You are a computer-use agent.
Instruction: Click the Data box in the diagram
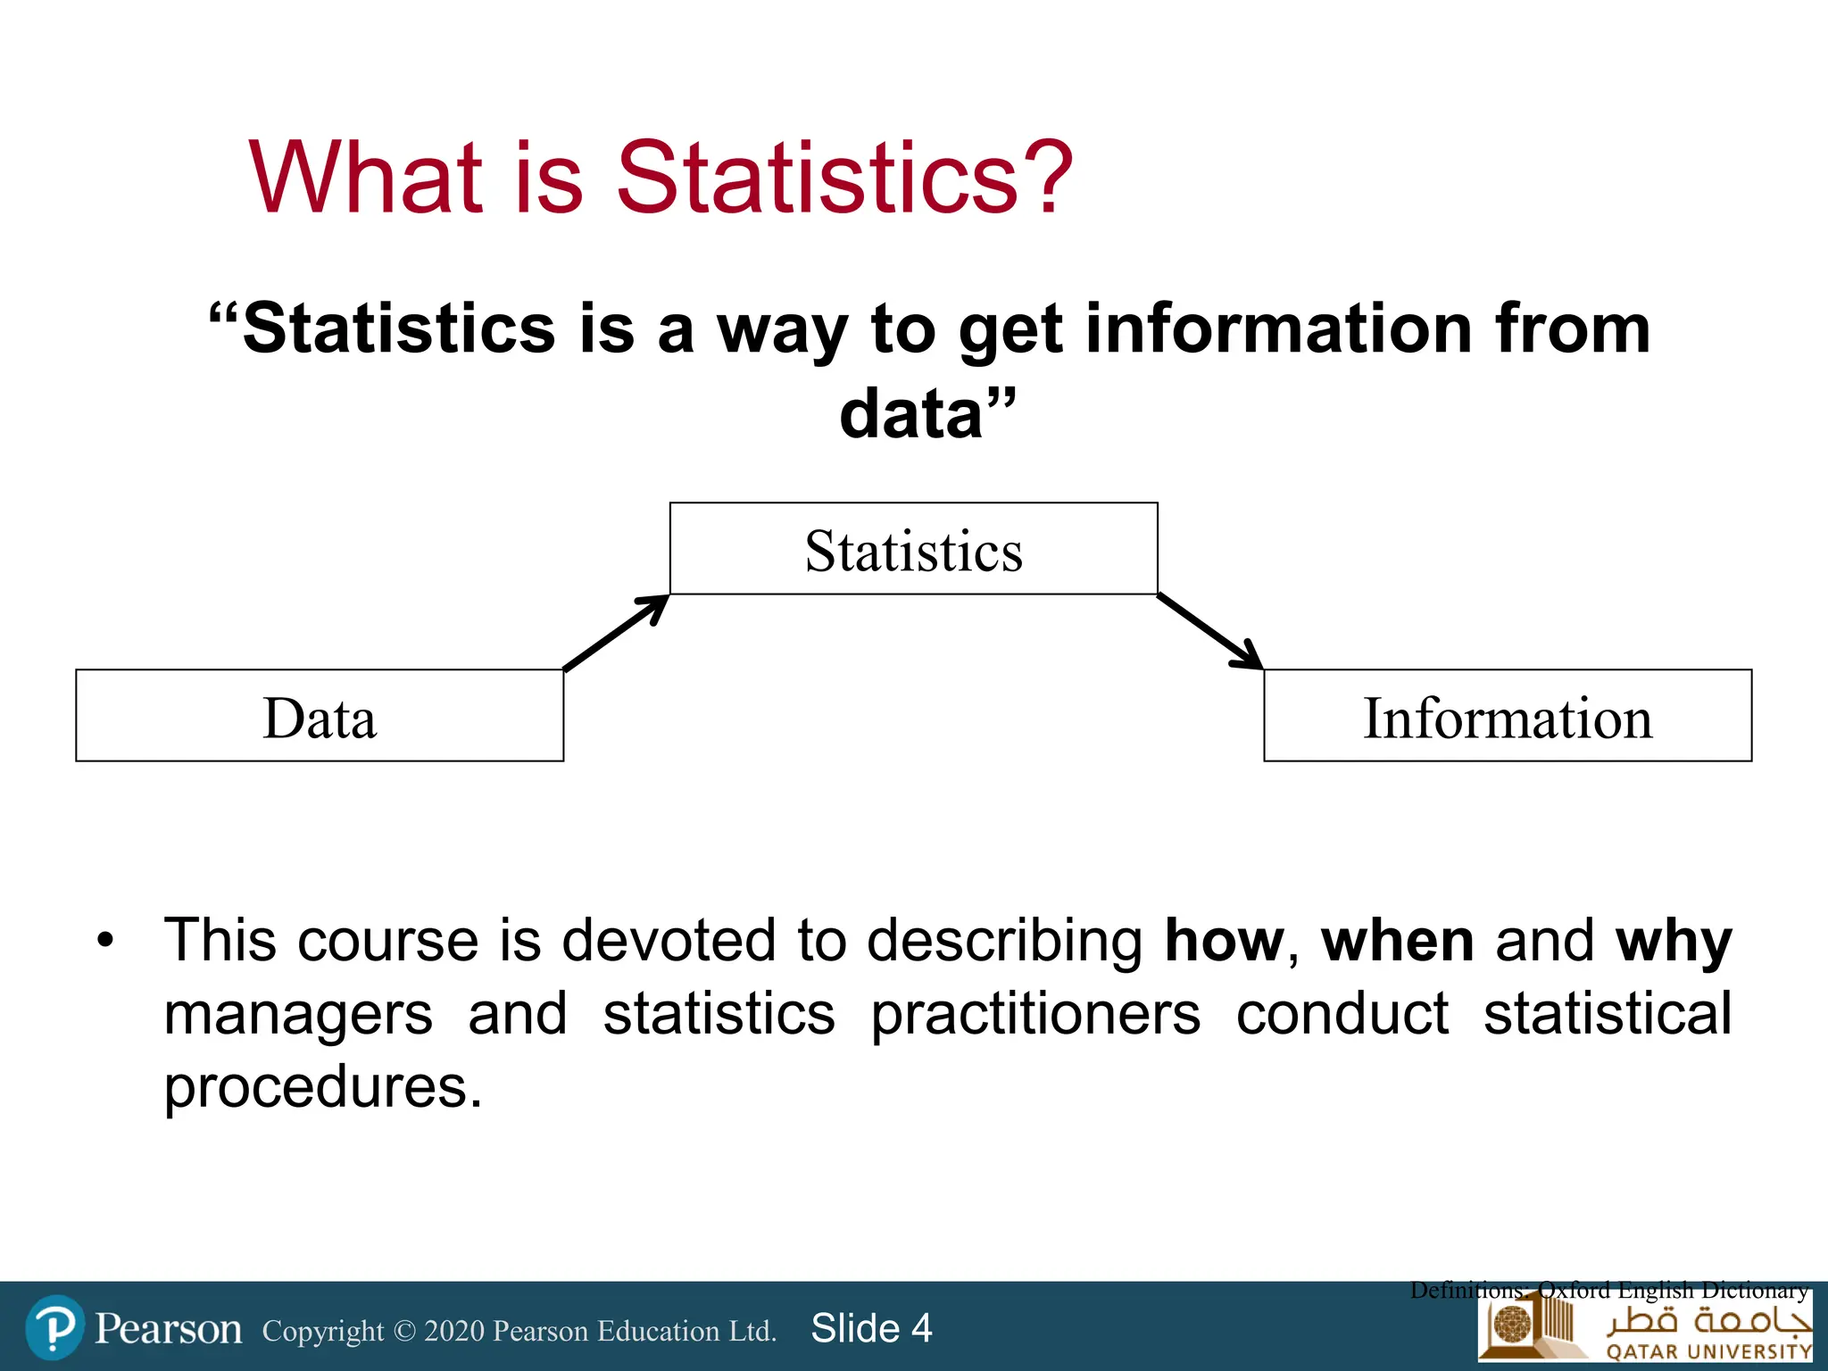(320, 716)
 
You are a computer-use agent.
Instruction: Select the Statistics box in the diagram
(913, 549)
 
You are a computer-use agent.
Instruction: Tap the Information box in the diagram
(1507, 716)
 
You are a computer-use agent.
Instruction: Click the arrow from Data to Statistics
(616, 632)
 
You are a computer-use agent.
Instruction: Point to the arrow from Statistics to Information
(1210, 632)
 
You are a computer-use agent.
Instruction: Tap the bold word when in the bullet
(1398, 941)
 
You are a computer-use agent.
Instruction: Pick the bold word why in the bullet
(1674, 943)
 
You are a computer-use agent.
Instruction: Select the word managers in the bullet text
(298, 1016)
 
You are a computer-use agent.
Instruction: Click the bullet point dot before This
(106, 941)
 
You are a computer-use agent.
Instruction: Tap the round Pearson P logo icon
(55, 1327)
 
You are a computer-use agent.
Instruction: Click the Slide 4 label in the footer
(871, 1328)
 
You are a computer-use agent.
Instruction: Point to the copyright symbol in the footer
(404, 1331)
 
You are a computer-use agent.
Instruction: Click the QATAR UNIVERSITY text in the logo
(1708, 1351)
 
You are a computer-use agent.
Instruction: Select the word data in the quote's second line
(910, 414)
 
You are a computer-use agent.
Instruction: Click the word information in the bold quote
(1279, 328)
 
